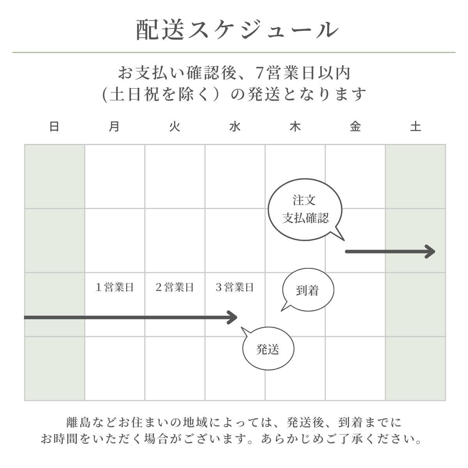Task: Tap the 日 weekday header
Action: [54, 127]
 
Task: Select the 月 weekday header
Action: [114, 127]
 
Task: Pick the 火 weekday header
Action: [175, 127]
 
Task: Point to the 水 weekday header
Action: [235, 127]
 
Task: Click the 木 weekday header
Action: [295, 127]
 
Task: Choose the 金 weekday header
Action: [355, 127]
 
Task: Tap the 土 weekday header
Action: [415, 127]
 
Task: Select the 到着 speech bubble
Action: [308, 291]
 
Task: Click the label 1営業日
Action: [115, 288]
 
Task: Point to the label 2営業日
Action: [175, 288]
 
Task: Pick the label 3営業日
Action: [235, 288]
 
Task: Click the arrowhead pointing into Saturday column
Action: [431, 252]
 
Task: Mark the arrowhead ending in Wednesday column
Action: [233, 317]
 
